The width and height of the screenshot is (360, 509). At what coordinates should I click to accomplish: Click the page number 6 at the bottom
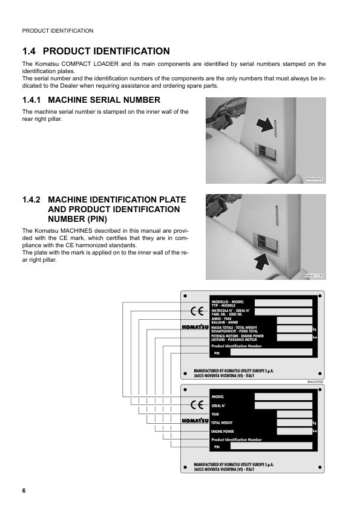click(x=24, y=490)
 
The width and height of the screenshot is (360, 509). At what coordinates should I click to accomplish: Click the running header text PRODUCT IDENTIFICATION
click(x=57, y=30)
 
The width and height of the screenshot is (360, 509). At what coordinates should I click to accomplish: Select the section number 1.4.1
click(x=32, y=100)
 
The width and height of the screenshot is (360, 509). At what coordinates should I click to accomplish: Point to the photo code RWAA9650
click(x=315, y=179)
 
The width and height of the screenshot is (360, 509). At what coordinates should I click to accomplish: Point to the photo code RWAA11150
click(x=314, y=275)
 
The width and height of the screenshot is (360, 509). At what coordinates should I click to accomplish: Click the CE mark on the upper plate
click(x=197, y=312)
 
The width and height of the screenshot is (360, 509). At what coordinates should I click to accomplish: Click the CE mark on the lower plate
click(x=197, y=405)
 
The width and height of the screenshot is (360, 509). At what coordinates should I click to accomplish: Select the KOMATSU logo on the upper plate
click(x=195, y=328)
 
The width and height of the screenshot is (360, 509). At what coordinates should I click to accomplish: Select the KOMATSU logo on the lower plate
click(x=195, y=421)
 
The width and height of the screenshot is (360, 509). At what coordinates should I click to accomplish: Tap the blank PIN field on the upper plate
click(x=272, y=352)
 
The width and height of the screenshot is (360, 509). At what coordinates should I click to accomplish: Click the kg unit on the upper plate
click(x=315, y=329)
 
